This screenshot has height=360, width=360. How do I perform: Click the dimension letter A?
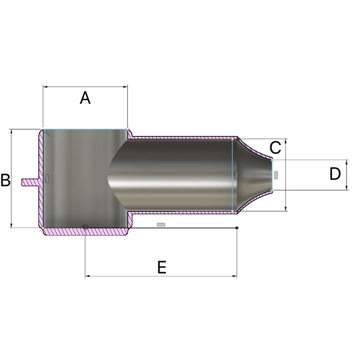click(x=85, y=98)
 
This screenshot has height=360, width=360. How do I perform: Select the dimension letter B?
click(x=5, y=180)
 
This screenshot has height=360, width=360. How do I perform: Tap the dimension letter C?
click(x=275, y=147)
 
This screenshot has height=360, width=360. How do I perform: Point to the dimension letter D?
click(x=335, y=174)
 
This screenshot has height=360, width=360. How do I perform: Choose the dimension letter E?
click(x=162, y=267)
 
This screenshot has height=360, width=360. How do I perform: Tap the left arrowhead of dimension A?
click(x=45, y=86)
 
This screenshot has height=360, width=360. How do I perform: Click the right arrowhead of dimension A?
click(x=126, y=86)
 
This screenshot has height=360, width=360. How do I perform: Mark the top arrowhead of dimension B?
click(x=11, y=131)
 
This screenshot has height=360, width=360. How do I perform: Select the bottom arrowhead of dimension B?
click(x=11, y=226)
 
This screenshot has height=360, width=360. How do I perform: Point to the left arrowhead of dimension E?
click(x=87, y=276)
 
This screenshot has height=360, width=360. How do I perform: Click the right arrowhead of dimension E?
click(x=235, y=276)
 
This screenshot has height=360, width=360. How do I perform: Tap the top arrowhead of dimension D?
click(x=346, y=161)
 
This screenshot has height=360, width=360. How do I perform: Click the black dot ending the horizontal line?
click(x=237, y=228)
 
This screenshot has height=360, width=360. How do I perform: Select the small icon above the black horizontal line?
click(x=161, y=224)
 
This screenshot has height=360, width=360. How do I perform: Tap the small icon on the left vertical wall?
click(x=46, y=179)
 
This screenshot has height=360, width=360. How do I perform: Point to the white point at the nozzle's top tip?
click(x=272, y=159)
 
